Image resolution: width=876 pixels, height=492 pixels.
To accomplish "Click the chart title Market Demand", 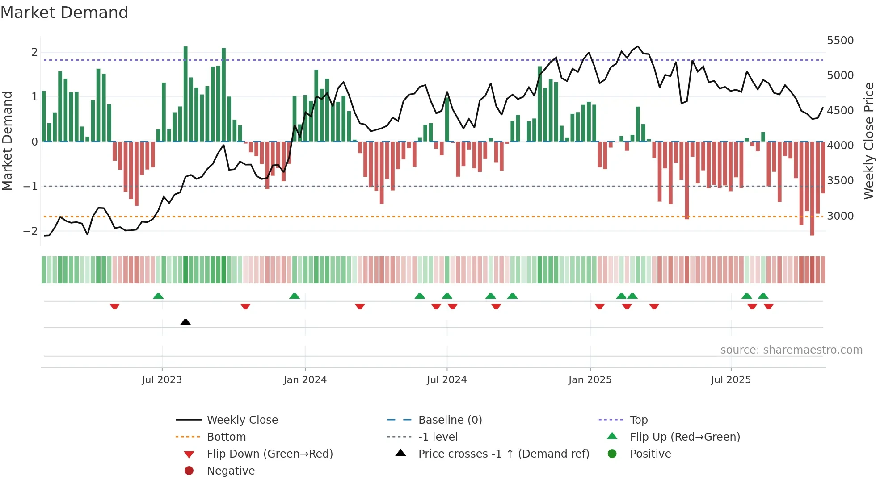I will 64,13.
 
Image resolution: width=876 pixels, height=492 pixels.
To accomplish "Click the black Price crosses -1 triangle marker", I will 185,322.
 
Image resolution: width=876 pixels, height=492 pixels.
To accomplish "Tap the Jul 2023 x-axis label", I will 162,380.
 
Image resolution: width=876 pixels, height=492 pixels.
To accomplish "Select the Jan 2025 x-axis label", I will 590,380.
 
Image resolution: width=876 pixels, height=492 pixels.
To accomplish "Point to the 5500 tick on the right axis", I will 840,41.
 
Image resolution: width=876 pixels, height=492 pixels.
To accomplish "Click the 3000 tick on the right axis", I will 840,216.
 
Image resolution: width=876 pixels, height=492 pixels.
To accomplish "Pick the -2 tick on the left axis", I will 31,231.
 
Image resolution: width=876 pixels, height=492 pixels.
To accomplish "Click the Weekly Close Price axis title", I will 868,141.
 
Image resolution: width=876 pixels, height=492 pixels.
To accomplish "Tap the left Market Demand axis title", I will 8,141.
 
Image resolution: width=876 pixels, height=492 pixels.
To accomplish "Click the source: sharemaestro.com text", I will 791,350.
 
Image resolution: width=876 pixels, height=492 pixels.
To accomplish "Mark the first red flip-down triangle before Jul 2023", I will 114,306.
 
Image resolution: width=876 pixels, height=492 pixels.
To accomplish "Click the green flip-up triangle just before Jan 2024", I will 294,296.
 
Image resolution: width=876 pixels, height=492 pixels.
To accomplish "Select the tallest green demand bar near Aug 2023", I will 185,94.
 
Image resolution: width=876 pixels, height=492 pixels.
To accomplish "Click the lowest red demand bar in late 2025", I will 812,188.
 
